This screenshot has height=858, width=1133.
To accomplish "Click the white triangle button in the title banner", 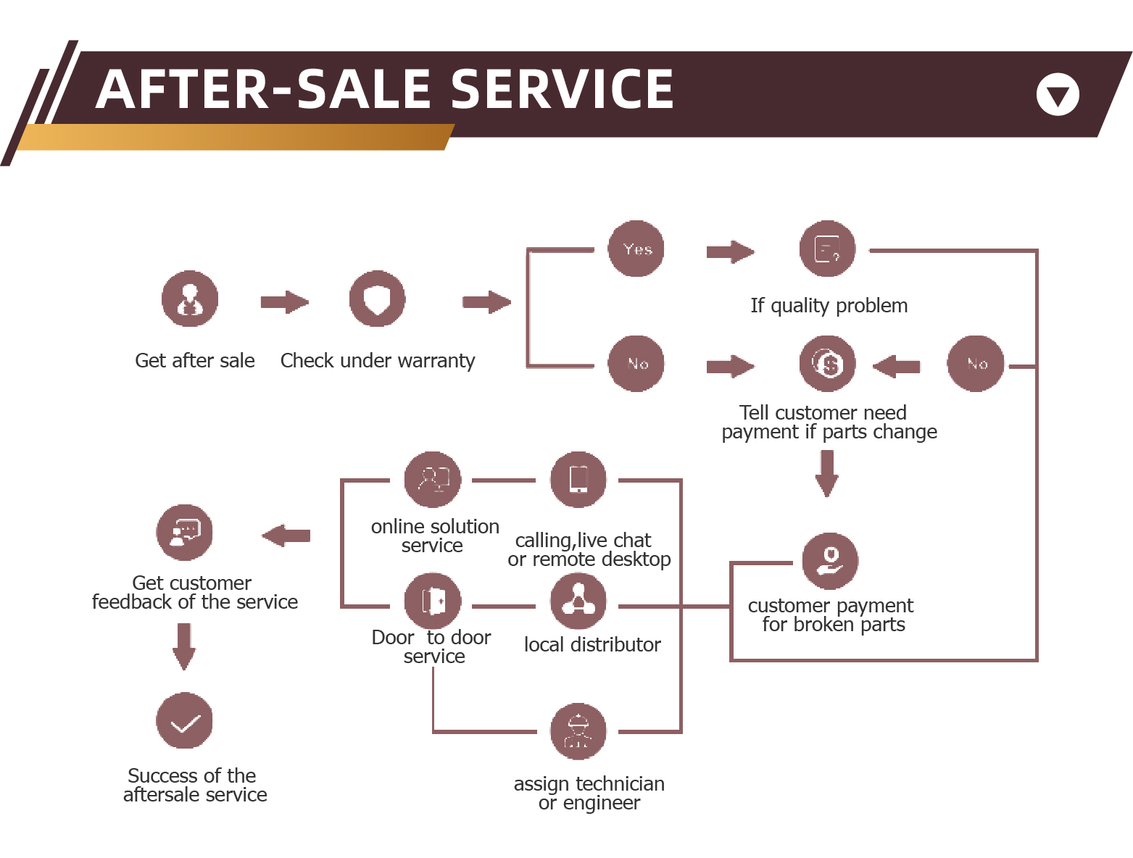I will (1058, 95).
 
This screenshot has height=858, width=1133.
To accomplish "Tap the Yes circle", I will (636, 249).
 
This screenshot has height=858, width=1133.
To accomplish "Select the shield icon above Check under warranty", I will (377, 299).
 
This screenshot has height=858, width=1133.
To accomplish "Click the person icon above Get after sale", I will (190, 299).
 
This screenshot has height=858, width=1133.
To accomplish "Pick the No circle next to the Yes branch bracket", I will (636, 363).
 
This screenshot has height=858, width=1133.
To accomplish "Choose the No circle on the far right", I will (976, 363).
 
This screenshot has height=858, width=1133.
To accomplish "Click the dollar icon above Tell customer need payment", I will (827, 363).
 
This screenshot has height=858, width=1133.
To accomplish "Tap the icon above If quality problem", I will (827, 249).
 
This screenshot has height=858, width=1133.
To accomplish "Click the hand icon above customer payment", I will (830, 560).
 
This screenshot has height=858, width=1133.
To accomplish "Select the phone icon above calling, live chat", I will (578, 480).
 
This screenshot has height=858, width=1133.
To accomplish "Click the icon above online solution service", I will (433, 480).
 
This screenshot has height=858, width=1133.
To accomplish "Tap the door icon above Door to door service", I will (433, 601).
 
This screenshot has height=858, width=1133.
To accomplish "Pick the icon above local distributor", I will (578, 601).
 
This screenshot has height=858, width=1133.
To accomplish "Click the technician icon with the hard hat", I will (578, 731).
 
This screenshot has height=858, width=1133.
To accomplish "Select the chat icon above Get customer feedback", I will (184, 533).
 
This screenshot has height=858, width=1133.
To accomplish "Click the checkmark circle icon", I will (184, 721).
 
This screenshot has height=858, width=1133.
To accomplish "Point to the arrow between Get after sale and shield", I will (284, 302).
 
